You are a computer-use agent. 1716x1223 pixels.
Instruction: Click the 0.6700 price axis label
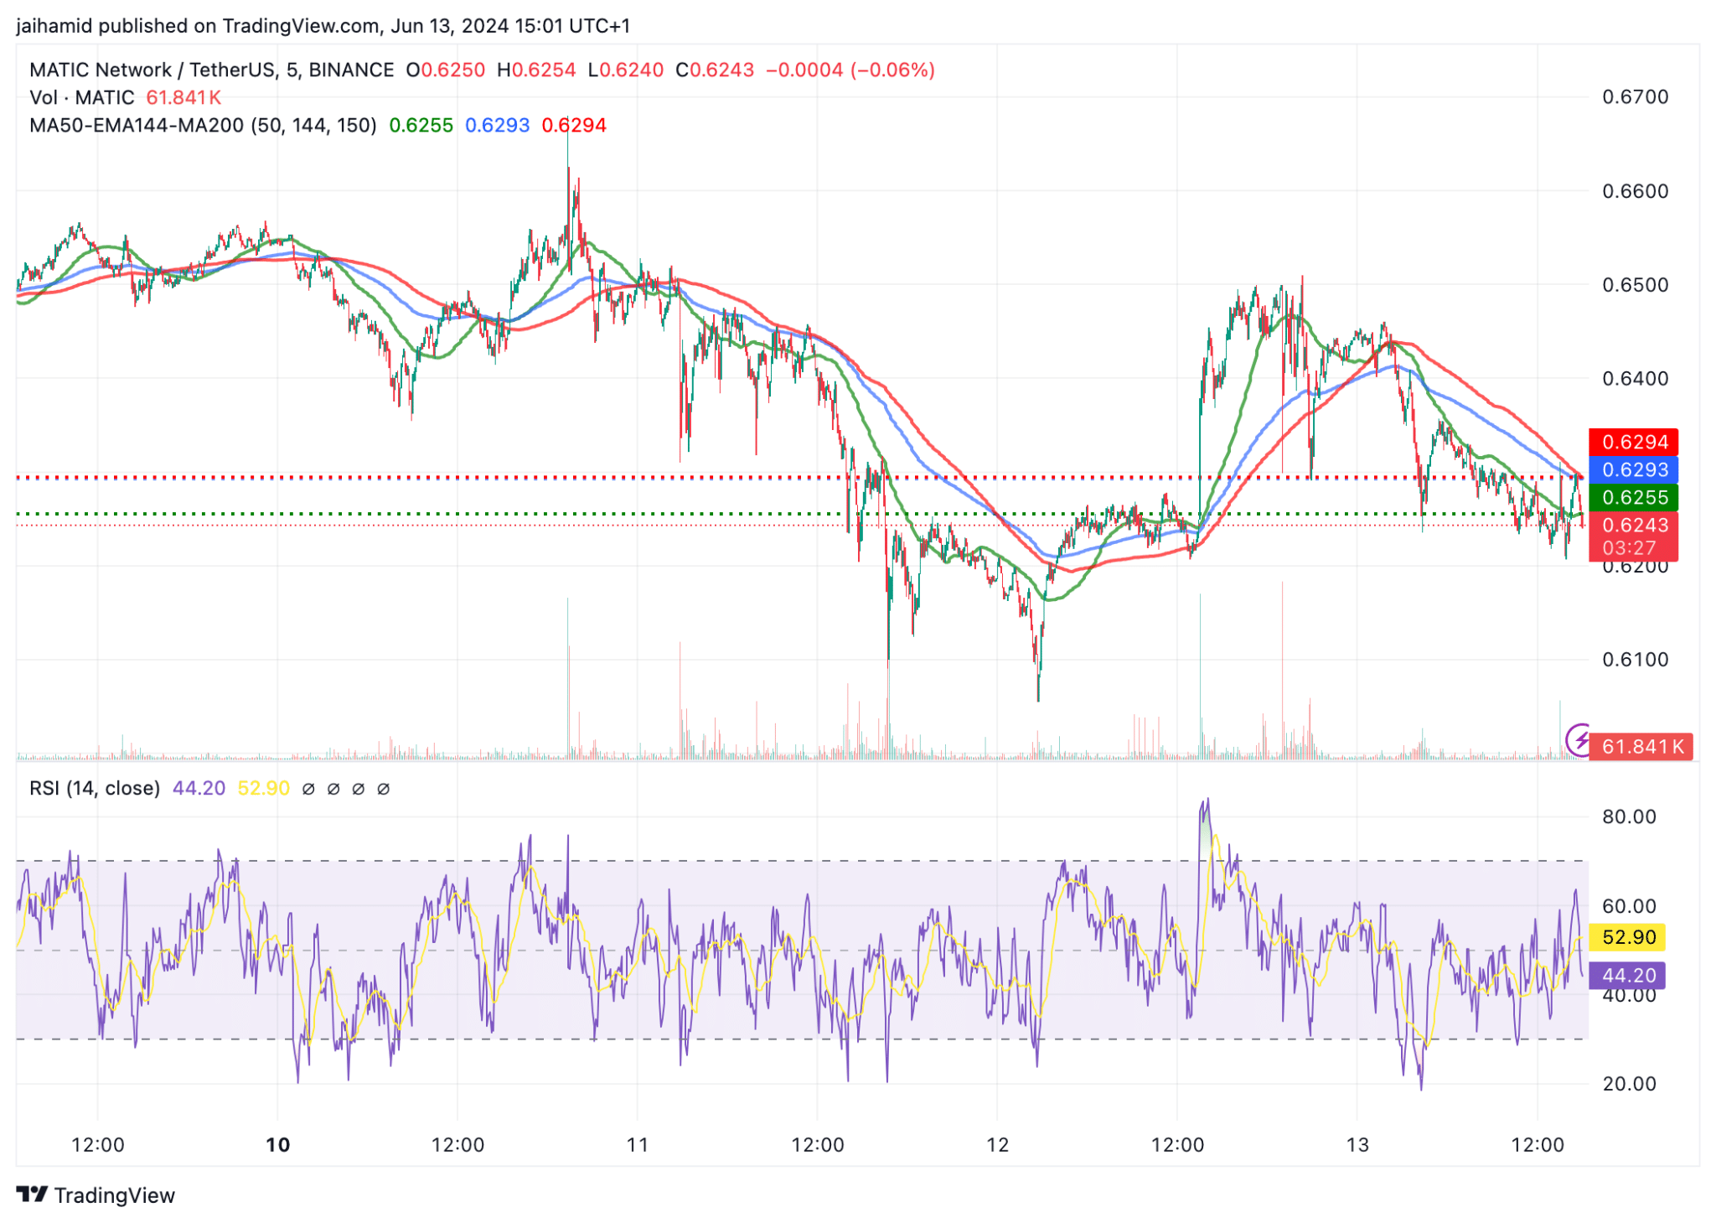[1635, 97]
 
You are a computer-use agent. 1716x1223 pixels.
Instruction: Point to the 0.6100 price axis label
[1635, 660]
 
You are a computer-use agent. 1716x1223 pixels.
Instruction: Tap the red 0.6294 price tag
[1634, 442]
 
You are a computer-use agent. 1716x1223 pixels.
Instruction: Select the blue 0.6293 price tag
[1634, 469]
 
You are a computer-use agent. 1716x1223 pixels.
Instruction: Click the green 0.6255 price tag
[1634, 497]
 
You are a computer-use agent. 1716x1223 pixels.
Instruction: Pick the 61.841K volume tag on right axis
[1641, 746]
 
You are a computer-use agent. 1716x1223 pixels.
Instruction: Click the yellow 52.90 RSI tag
[1628, 937]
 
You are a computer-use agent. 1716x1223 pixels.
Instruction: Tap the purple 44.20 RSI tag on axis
[1628, 976]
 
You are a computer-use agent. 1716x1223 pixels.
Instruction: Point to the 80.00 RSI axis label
[1629, 817]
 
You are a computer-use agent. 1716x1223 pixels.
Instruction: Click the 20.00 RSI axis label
[1629, 1085]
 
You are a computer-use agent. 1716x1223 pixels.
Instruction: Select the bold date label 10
[277, 1145]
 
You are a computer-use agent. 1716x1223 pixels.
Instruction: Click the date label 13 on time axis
[1357, 1145]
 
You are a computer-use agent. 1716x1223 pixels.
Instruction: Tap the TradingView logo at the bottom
[96, 1195]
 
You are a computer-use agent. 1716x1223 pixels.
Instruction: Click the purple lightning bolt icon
[1579, 740]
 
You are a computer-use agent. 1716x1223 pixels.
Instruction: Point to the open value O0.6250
[446, 70]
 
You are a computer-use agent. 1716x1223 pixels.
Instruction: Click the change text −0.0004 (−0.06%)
[850, 70]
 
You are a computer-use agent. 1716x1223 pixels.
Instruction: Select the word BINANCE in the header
[351, 70]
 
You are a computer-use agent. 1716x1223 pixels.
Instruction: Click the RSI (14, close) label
[95, 789]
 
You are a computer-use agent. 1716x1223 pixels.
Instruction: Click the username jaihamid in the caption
[54, 26]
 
